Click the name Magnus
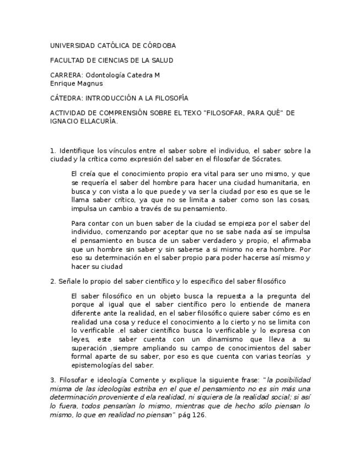click(x=90, y=83)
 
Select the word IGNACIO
click(x=63, y=121)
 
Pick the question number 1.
click(x=52, y=151)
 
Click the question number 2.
click(x=52, y=281)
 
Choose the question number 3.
click(x=52, y=380)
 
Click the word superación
click(x=90, y=348)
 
